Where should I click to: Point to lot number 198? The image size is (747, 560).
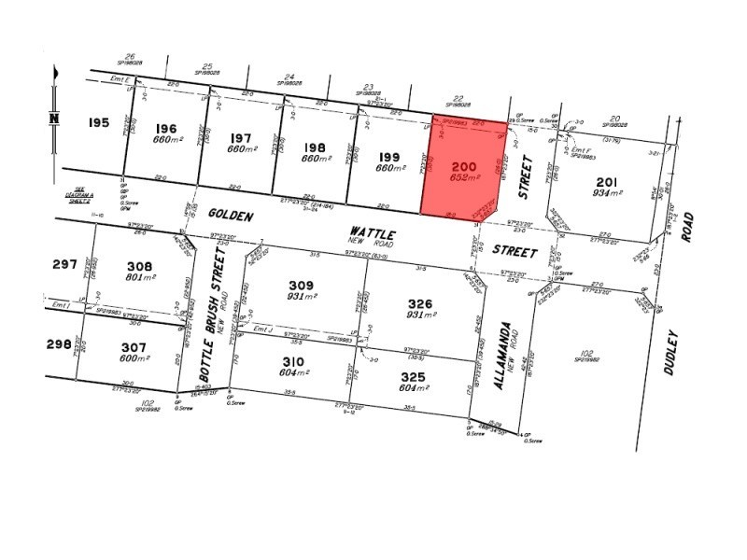[315, 147]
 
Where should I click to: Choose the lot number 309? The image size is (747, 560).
[300, 286]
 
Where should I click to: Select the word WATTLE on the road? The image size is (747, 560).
[373, 231]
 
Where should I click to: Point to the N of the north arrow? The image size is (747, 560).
[54, 118]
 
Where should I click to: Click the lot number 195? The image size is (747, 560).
[100, 123]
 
